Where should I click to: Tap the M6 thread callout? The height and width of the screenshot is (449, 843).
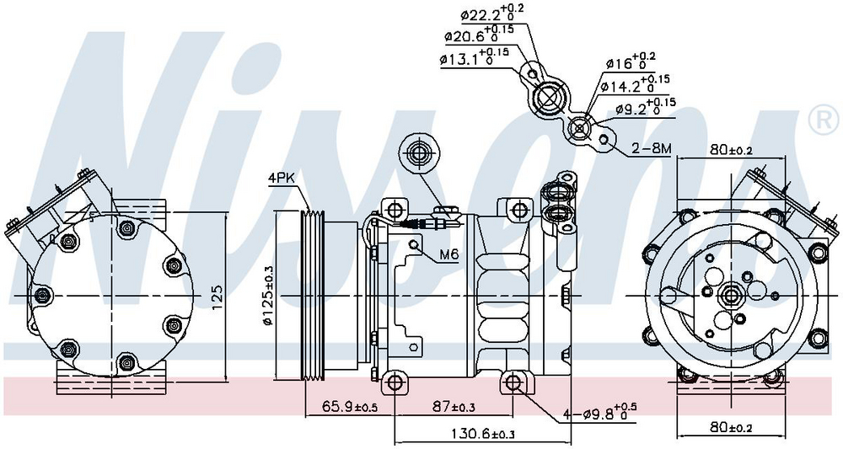448,255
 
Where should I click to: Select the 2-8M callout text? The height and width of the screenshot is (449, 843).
652,148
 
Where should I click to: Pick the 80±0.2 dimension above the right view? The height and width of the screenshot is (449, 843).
730,151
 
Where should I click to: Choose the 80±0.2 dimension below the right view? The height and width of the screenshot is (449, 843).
730,427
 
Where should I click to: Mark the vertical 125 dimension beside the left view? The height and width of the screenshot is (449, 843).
217,294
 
